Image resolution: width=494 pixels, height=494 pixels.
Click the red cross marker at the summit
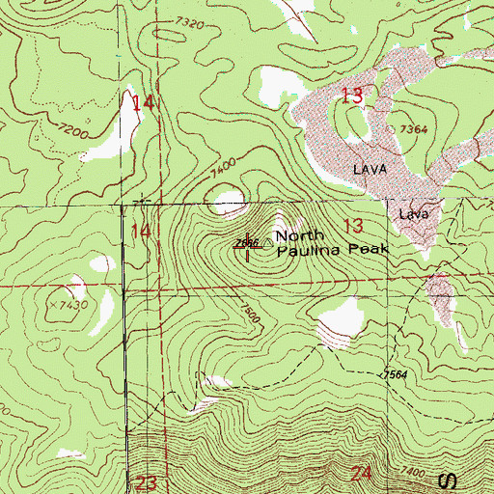pyautogui.click(x=247, y=248)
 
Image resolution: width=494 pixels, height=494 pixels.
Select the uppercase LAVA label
pyautogui.click(x=370, y=168)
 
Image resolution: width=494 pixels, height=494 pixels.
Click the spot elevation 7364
pyautogui.click(x=410, y=128)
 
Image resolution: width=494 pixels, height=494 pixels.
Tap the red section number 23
pyautogui.click(x=147, y=481)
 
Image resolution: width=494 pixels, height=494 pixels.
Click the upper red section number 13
pyautogui.click(x=352, y=95)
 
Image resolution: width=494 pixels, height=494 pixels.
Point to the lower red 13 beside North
pyautogui.click(x=352, y=226)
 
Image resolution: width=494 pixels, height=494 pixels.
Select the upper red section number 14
pyautogui.click(x=143, y=101)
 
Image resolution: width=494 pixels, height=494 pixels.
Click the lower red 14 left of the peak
pyautogui.click(x=141, y=231)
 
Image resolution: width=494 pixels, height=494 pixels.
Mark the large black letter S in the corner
pyautogui.click(x=446, y=480)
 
